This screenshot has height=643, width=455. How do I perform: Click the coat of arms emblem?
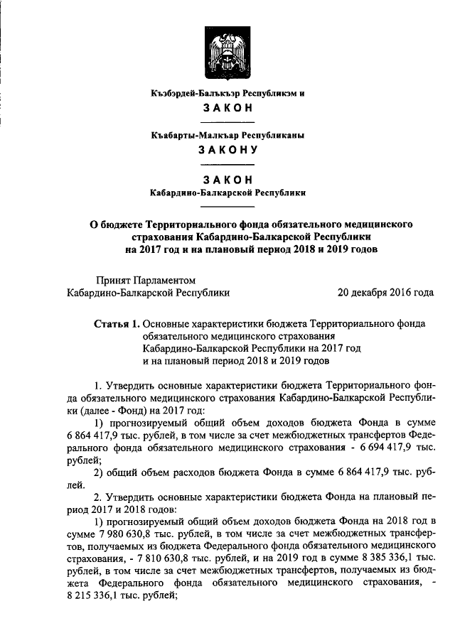coord(227,50)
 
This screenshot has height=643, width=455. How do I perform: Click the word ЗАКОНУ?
coord(227,150)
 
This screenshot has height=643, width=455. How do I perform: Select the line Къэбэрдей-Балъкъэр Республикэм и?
coord(227,94)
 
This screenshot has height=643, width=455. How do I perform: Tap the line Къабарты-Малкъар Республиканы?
coord(227,134)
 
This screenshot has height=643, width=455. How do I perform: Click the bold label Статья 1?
coord(117,323)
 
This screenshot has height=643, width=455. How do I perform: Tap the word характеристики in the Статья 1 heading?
coord(234,323)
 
